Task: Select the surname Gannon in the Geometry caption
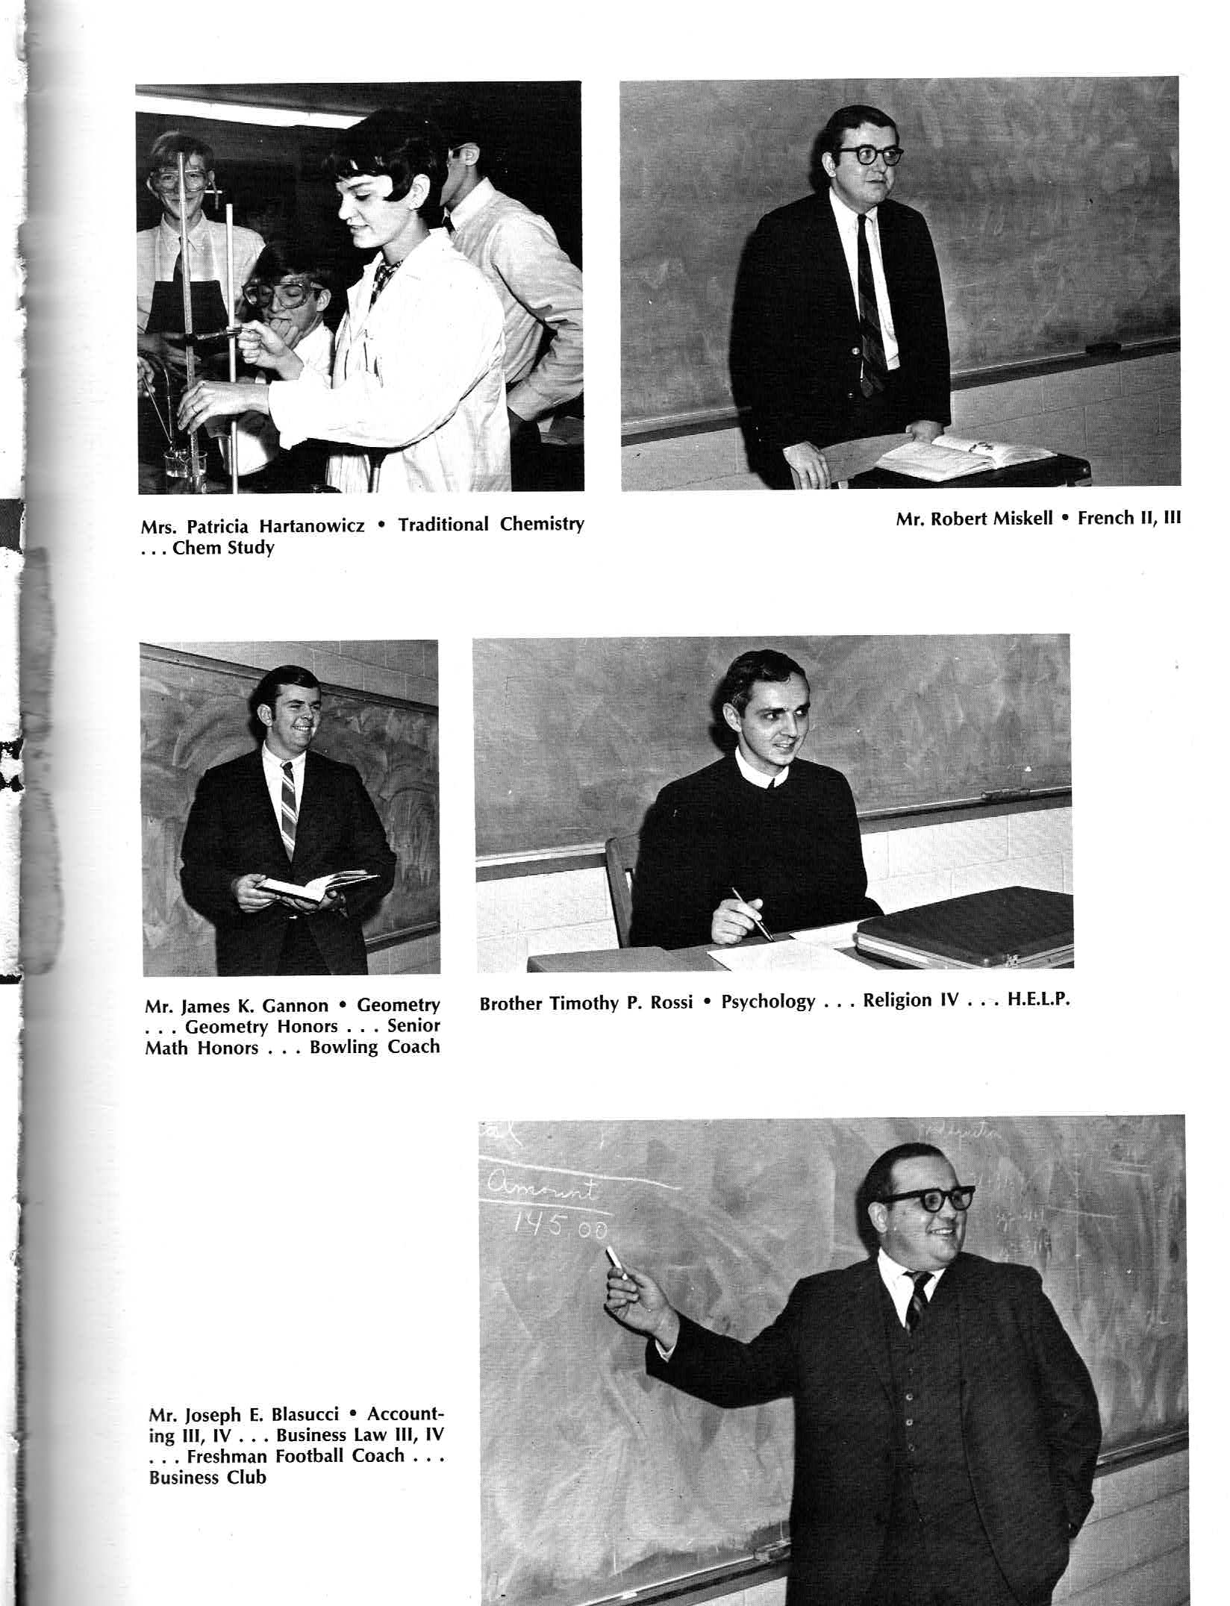point(296,1005)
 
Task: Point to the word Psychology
point(768,1002)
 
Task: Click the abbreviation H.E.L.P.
point(1039,999)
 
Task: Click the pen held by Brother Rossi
point(753,913)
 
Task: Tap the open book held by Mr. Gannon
point(317,886)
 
